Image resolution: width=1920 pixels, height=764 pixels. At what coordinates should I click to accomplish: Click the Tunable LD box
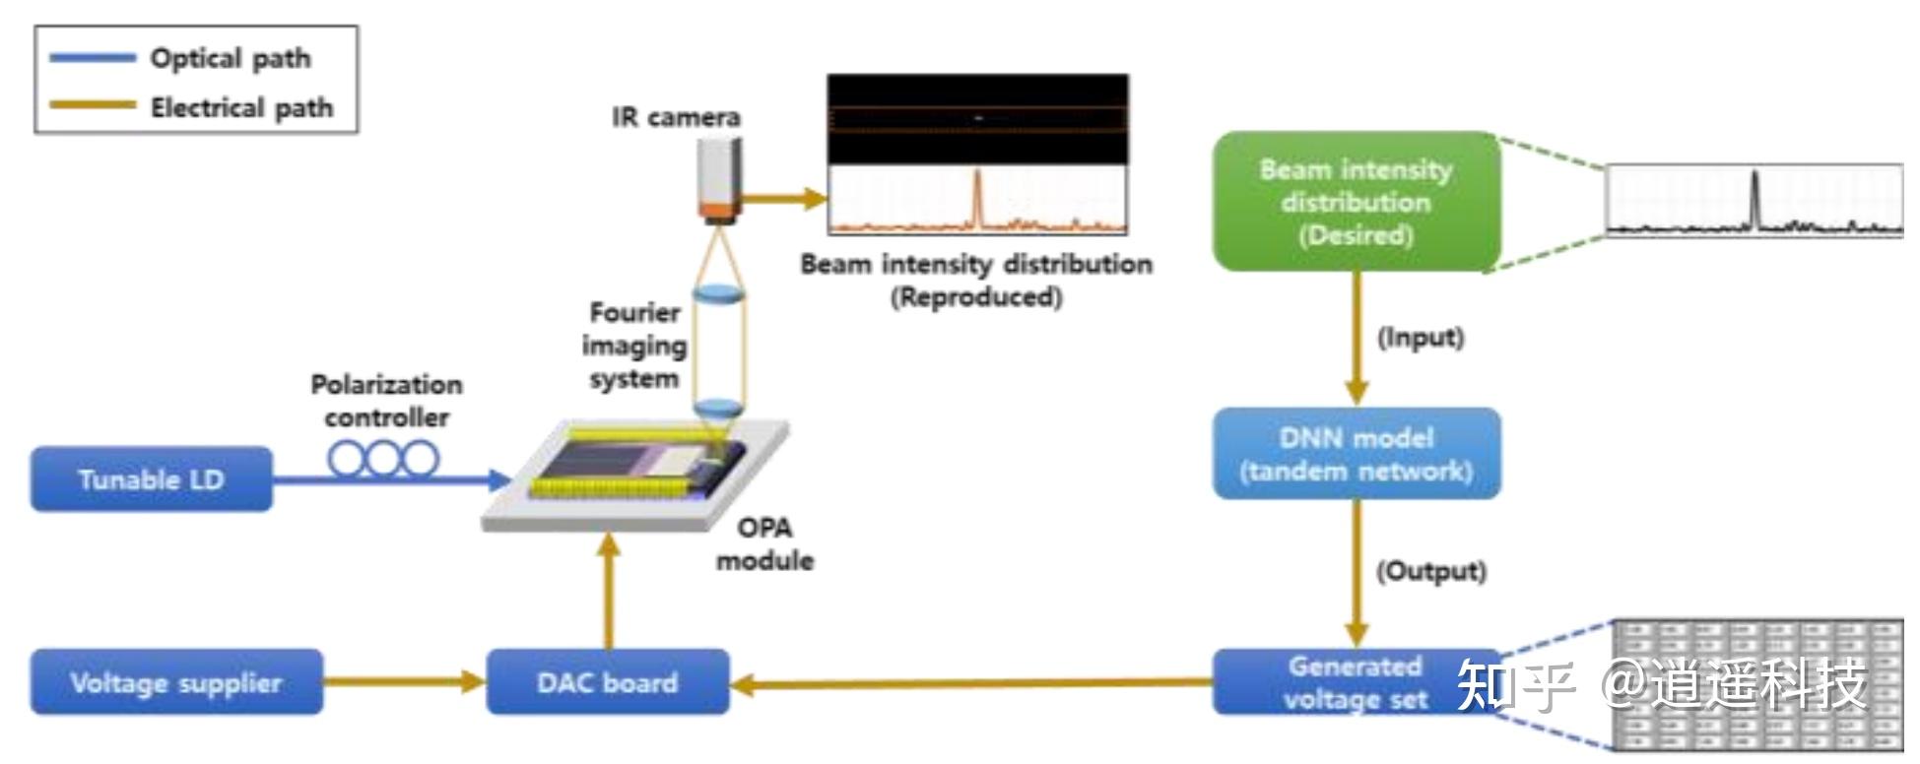151,479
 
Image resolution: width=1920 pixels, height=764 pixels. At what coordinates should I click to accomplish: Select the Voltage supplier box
176,682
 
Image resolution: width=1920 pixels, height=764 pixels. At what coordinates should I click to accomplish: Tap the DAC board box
607,682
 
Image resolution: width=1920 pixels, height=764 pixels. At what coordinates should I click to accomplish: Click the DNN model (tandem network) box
1356,454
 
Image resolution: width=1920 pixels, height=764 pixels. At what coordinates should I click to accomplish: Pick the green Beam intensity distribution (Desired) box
1356,202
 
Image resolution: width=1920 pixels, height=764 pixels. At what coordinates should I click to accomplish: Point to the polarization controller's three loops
383,459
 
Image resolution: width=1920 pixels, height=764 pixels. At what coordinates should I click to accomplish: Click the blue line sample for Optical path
93,58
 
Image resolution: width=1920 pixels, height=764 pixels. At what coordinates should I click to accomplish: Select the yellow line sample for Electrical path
93,105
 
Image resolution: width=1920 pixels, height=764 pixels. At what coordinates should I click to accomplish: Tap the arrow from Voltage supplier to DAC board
404,681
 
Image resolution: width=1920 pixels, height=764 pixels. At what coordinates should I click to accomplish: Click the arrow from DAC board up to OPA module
610,591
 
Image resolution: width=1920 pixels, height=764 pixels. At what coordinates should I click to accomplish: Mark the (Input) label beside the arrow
1420,338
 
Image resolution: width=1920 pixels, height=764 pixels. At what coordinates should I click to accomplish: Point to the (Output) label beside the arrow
1430,571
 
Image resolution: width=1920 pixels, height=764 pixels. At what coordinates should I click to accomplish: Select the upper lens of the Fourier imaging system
718,293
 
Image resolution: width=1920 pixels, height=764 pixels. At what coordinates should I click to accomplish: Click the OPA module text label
764,544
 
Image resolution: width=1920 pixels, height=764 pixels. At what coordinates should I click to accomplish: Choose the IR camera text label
676,117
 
